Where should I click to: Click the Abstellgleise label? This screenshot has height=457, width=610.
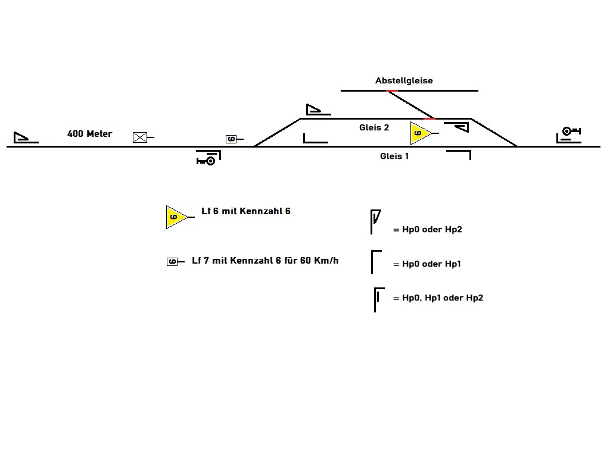coord(404,80)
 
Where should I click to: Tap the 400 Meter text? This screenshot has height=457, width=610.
coord(89,134)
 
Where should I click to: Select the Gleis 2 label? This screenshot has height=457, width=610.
coord(374,127)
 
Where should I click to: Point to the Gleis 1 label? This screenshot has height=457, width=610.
coord(394,156)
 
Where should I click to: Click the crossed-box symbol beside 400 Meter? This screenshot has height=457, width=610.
coord(140,137)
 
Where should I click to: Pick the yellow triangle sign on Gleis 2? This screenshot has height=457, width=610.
coord(420,133)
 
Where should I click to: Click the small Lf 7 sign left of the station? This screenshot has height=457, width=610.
coord(232,139)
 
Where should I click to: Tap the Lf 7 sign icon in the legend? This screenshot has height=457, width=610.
coord(172,261)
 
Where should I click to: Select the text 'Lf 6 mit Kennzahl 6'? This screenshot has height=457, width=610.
coord(246,211)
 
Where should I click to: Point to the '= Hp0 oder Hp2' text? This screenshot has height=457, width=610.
coord(427,229)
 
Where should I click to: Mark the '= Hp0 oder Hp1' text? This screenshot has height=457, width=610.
coord(427,264)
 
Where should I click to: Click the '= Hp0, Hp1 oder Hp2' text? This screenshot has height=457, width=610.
coord(438,298)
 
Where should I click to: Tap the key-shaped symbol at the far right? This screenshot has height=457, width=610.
coord(570,132)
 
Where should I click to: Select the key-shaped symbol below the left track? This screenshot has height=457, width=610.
coord(206,160)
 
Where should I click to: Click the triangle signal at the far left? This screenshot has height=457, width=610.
coord(23,138)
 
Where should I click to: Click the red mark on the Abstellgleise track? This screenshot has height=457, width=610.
coord(392,90)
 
